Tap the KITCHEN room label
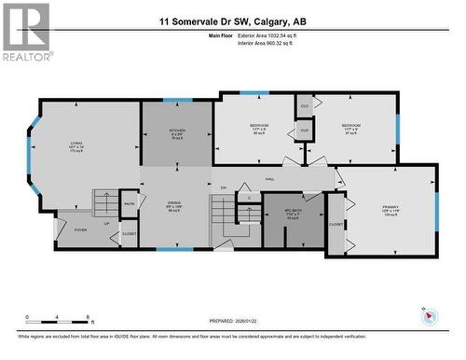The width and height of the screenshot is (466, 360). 176,132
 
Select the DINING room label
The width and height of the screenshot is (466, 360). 174,206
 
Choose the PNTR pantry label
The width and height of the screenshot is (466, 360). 130,203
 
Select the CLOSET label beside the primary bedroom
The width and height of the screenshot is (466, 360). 336,225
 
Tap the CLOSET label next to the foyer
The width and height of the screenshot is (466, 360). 129,233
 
